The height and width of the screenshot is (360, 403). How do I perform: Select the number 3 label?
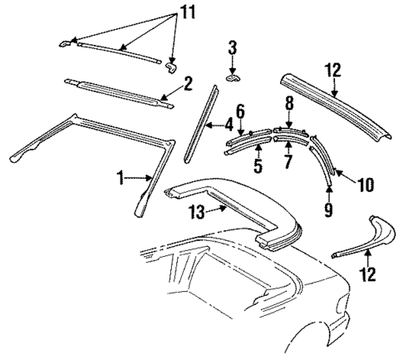(x=232, y=46)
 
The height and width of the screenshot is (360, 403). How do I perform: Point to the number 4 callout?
(x=229, y=126)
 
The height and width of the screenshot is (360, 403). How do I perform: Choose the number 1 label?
(x=122, y=177)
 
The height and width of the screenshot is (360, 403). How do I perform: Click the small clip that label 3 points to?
(x=232, y=76)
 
